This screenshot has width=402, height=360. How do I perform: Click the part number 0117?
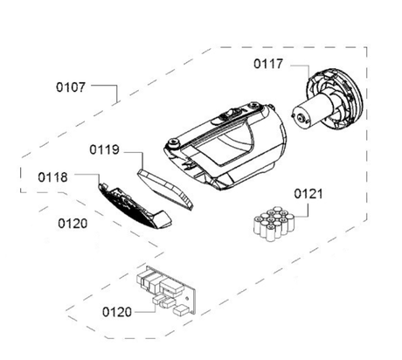click(268, 63)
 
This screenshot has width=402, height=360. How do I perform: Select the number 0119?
click(104, 149)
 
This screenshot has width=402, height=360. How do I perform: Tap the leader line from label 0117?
click(297, 65)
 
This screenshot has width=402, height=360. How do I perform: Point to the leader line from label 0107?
click(109, 87)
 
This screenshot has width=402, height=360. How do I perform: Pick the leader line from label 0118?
click(83, 178)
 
